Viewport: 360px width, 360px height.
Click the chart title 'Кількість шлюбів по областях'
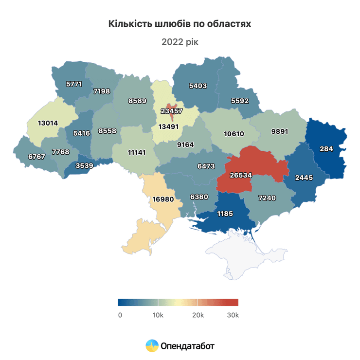tap(180, 24)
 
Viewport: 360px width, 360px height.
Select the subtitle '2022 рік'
tap(180, 42)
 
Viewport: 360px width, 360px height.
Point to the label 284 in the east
tap(326, 149)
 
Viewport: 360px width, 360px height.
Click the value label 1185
tap(226, 213)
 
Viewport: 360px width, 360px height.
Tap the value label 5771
tap(74, 84)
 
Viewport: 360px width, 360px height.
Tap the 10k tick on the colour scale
tap(158, 315)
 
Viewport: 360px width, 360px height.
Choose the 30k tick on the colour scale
tap(233, 315)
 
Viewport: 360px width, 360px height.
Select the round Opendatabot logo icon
tap(152, 346)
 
